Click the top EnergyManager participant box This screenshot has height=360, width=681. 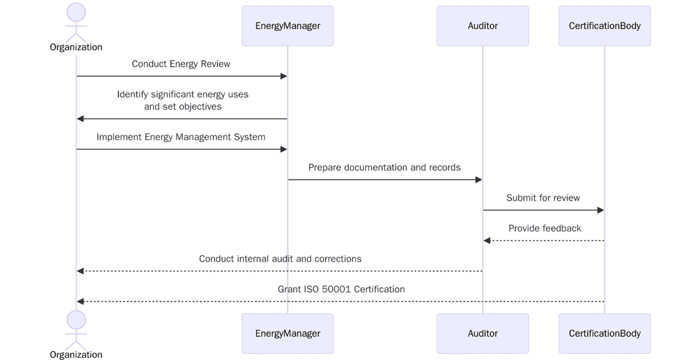click(287, 26)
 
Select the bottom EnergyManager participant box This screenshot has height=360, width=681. click(287, 333)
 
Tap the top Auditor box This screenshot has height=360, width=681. click(482, 26)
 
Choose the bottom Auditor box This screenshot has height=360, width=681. click(482, 333)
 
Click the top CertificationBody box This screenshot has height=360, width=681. click(604, 26)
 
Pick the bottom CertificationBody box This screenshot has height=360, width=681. click(604, 333)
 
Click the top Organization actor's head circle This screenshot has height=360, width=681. click(76, 13)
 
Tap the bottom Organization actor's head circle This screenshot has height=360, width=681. click(76, 320)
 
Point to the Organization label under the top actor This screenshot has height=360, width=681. click(76, 47)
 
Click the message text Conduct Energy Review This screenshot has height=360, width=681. click(181, 64)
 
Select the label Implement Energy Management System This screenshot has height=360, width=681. click(181, 137)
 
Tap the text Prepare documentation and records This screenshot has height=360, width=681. click(384, 167)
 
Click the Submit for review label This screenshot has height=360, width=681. click(543, 198)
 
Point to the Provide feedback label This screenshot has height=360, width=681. click(544, 229)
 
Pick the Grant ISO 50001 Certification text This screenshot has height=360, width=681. click(341, 289)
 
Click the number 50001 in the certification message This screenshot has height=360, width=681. click(335, 289)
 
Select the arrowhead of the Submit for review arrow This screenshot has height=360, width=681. click(600, 210)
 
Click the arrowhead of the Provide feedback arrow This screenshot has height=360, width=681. click(487, 241)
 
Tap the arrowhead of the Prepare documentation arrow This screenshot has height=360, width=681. click(479, 179)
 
